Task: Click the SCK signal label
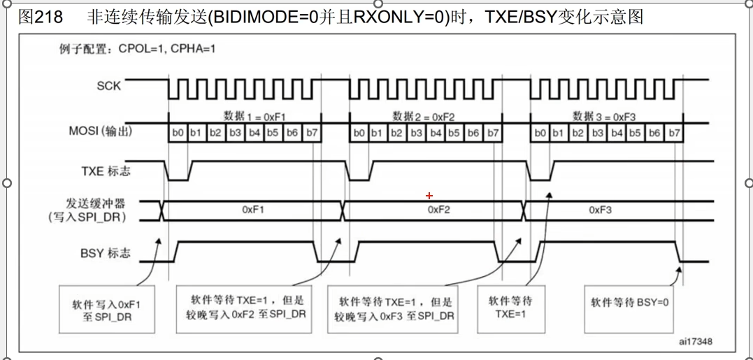click(108, 85)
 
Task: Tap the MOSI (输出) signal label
click(100, 131)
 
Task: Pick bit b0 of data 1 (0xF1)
click(177, 133)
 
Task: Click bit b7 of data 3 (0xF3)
click(673, 133)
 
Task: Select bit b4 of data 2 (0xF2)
click(435, 133)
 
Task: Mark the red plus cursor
click(429, 196)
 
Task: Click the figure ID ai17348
click(695, 343)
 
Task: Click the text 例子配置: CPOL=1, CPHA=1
click(137, 50)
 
